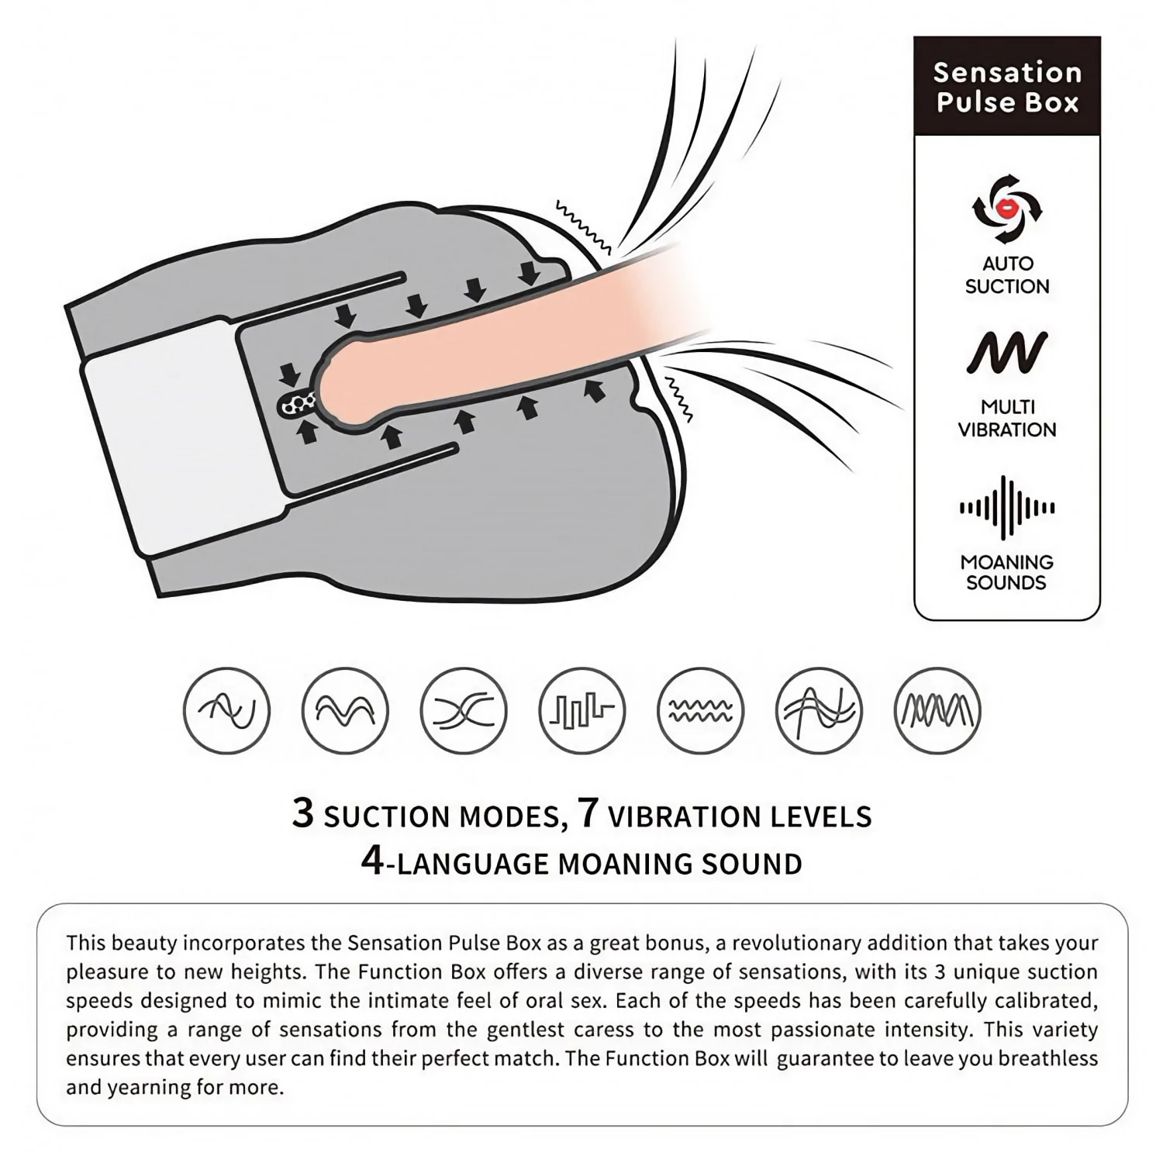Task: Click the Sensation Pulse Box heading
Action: click(1007, 87)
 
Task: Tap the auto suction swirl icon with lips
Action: click(1007, 209)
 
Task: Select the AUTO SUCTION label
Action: click(1007, 274)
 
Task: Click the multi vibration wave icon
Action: click(1007, 353)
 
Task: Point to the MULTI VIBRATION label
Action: click(1007, 418)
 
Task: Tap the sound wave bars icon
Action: click(1007, 508)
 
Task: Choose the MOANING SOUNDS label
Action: click(1006, 572)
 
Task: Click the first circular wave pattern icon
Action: click(227, 710)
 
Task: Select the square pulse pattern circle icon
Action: click(581, 710)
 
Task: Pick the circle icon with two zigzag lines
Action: click(700, 710)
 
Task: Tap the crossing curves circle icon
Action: click(464, 710)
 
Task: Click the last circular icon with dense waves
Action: click(937, 710)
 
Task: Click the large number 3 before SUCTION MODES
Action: click(303, 813)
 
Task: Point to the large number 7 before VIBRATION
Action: click(589, 813)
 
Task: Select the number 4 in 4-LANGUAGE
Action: click(373, 861)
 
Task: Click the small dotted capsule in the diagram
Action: click(297, 403)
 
